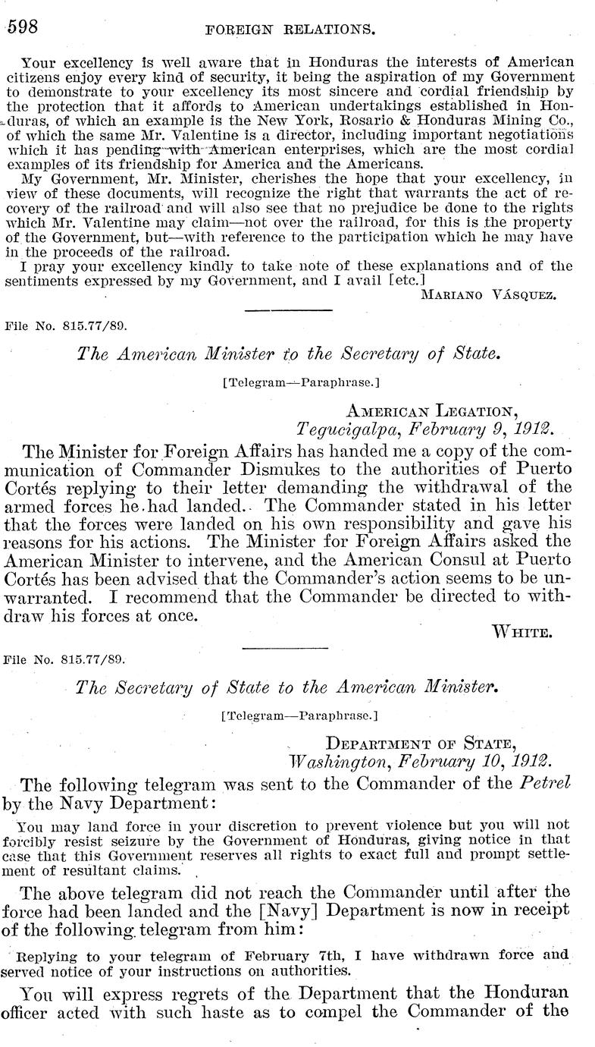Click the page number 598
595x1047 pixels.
tap(23, 27)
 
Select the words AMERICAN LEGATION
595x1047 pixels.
tap(432, 410)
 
